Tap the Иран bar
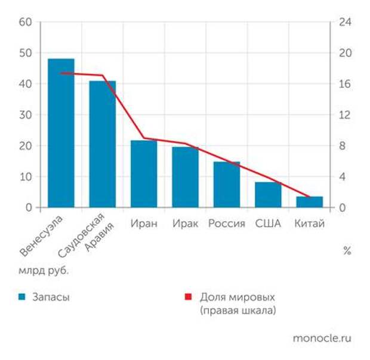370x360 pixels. (x=144, y=174)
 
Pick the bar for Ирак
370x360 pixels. (x=185, y=177)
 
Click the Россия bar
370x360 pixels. (x=226, y=185)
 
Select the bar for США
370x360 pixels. (x=268, y=195)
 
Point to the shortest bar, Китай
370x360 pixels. (x=309, y=202)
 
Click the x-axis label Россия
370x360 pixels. (x=227, y=224)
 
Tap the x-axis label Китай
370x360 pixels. (x=310, y=224)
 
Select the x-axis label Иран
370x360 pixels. (x=144, y=224)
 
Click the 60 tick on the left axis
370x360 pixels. (x=25, y=22)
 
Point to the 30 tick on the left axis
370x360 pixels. (x=25, y=115)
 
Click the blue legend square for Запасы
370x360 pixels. (x=21, y=297)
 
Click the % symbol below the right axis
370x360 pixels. (x=347, y=251)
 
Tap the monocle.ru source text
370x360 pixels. (x=322, y=338)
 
